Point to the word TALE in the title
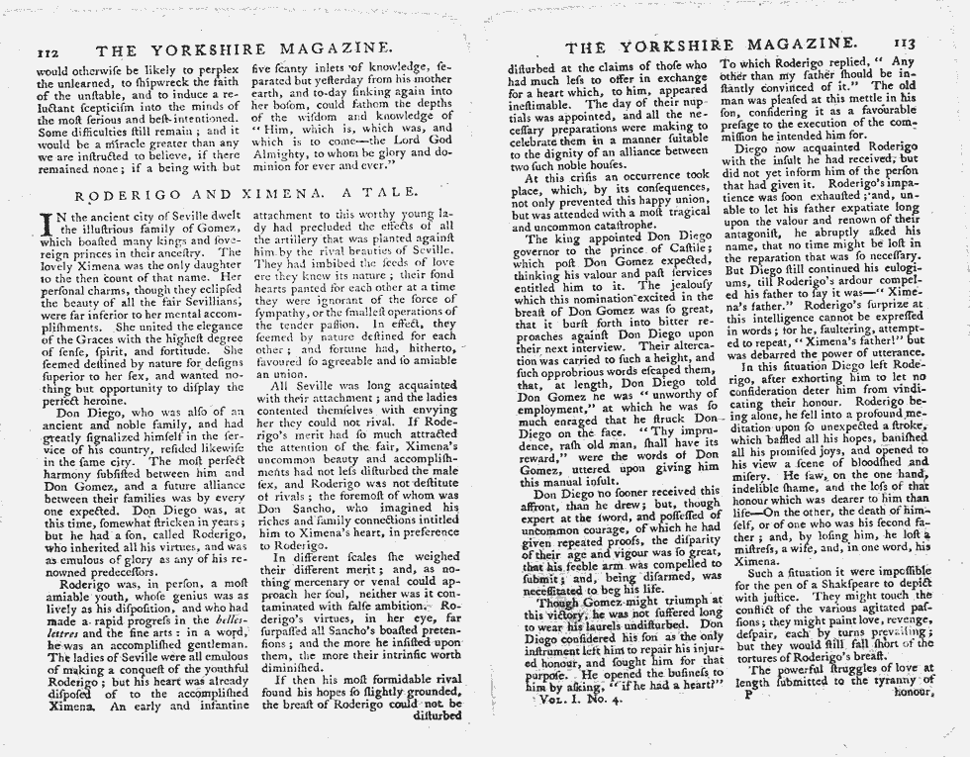tap(375, 195)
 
